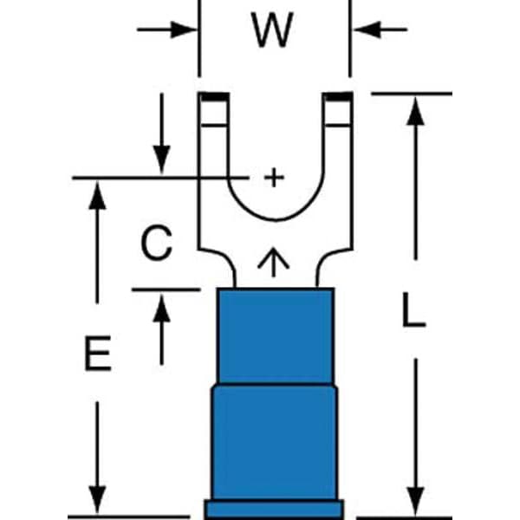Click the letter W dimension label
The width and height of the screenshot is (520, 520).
click(x=272, y=29)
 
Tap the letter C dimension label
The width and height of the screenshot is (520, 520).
click(x=156, y=243)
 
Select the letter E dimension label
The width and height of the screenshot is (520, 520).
click(x=98, y=353)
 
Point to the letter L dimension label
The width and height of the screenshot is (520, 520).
click(x=413, y=309)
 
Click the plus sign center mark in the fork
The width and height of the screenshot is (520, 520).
click(x=274, y=178)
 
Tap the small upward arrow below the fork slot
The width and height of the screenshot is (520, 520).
click(x=274, y=262)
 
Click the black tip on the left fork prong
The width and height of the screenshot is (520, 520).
click(x=215, y=97)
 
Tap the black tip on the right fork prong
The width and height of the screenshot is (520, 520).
click(x=338, y=97)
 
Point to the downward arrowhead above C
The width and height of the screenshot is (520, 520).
click(x=161, y=159)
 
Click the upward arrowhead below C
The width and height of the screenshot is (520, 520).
click(x=161, y=309)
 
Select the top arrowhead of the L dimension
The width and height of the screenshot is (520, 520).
click(x=415, y=111)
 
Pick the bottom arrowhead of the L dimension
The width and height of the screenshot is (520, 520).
click(x=415, y=501)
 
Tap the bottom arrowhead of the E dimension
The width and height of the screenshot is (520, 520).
click(x=97, y=500)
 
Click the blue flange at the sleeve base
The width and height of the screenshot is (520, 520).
click(x=274, y=509)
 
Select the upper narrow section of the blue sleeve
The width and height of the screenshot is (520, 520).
click(x=276, y=336)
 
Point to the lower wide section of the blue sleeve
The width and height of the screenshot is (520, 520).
click(x=275, y=442)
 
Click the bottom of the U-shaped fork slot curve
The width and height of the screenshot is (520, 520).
click(x=276, y=219)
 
